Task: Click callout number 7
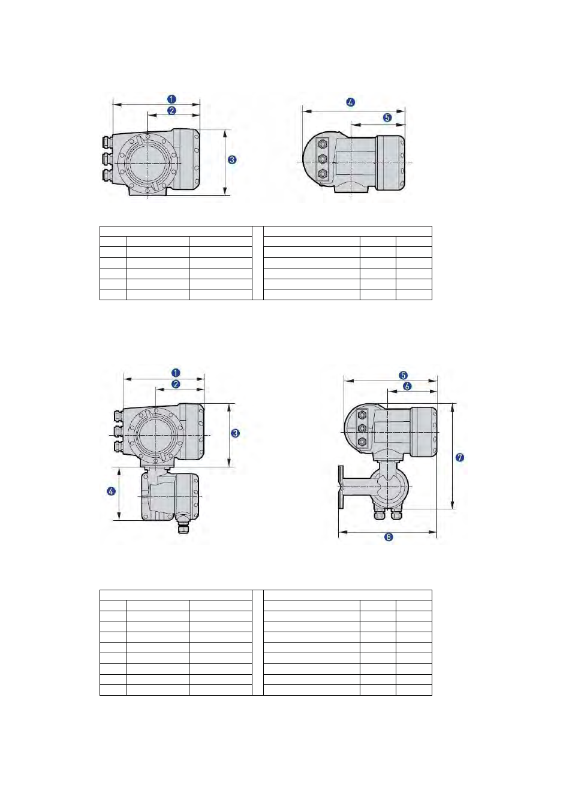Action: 459,458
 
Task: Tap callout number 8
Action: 389,537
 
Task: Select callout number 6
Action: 407,386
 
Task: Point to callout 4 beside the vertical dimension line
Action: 112,491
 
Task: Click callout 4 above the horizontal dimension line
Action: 351,102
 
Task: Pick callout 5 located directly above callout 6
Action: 404,375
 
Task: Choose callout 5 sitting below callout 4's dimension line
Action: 387,117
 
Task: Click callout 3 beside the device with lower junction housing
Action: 235,433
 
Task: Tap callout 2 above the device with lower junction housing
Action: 176,384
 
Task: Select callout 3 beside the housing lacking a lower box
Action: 233,159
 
